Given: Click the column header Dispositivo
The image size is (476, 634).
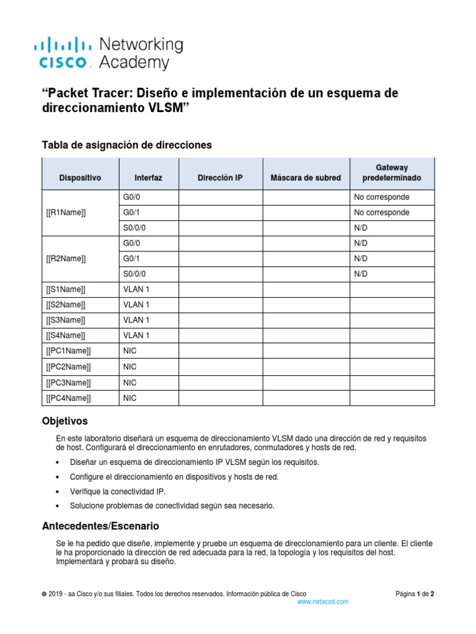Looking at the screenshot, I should point(80,178).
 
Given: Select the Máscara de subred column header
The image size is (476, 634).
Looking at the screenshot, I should point(306,178).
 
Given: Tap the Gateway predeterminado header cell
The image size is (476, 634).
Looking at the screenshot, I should point(392,173).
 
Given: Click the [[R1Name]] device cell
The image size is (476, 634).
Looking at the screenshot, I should point(66,212).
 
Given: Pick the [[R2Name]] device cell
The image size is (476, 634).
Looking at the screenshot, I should point(66,258).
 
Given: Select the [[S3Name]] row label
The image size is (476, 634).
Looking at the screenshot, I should point(66,320).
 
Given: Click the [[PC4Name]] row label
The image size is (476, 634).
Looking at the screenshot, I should point(68,398).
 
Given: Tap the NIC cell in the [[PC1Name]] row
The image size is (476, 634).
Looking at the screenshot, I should point(130,351).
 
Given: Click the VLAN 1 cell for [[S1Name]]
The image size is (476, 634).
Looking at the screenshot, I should point(136,289).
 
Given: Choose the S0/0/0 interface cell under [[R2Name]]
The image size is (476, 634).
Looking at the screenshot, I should point(136,274).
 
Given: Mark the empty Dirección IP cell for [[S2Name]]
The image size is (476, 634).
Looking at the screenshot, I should point(221,305).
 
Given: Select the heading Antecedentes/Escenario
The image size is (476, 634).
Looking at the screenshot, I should point(100,526).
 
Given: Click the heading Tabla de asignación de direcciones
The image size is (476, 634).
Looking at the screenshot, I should point(126,145).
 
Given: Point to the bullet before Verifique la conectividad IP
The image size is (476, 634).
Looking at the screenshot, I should point(58,492).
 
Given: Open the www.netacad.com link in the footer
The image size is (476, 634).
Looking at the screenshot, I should point(323,601).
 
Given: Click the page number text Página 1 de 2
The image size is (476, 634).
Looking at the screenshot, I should point(415,593).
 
